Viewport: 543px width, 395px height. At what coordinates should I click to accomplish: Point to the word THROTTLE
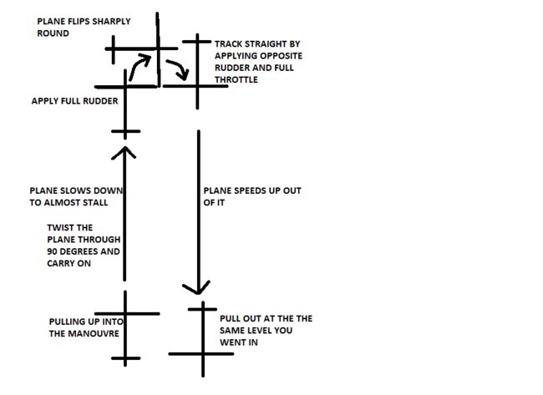tap(236, 79)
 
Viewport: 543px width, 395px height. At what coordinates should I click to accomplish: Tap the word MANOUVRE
tap(94, 333)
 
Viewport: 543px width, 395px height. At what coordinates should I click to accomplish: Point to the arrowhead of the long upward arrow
tap(125, 150)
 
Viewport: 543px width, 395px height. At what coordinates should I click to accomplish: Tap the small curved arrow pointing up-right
tap(140, 65)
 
